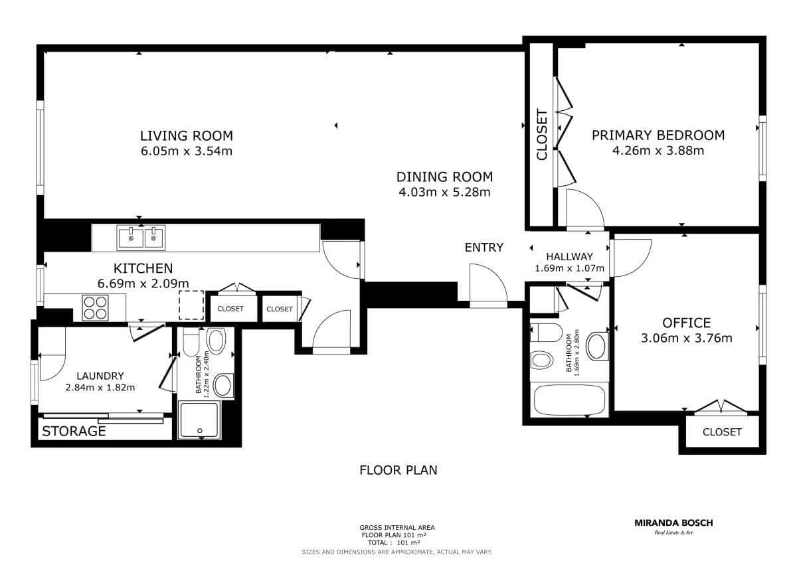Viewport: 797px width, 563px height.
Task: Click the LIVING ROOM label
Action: pos(187,136)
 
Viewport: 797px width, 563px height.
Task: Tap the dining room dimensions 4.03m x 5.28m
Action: pos(444,193)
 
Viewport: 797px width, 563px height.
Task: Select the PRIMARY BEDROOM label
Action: pos(658,135)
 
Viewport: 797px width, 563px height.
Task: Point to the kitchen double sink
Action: pos(141,238)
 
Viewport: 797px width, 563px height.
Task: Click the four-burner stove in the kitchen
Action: pos(95,307)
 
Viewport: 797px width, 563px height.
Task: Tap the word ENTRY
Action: pos(484,248)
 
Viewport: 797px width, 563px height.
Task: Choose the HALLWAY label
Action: pos(570,256)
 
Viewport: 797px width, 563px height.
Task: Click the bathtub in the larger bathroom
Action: pos(569,400)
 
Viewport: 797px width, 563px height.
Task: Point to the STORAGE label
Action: pos(74,432)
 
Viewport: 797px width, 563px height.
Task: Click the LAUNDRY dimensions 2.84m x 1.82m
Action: pos(100,387)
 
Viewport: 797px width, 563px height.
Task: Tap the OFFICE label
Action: pos(686,323)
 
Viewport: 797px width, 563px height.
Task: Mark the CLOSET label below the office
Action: pos(722,432)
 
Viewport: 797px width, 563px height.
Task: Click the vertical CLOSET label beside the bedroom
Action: pos(541,135)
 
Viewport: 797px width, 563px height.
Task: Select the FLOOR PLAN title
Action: pos(398,470)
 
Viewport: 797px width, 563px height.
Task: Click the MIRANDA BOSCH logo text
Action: pos(673,523)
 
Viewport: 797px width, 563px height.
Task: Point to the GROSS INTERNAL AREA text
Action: pos(397,528)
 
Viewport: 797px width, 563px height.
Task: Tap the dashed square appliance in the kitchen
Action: pos(191,305)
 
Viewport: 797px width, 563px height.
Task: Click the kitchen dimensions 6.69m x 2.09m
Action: pos(143,283)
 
